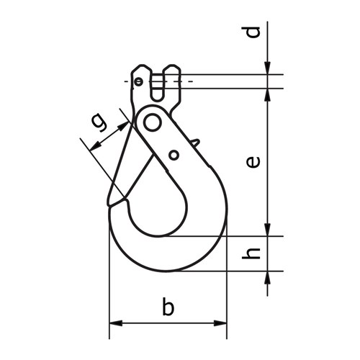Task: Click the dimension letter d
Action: [x=251, y=32]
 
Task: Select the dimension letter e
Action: [x=251, y=162]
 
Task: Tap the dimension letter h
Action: [x=251, y=253]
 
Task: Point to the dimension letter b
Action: [x=168, y=308]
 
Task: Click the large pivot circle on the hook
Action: [x=152, y=122]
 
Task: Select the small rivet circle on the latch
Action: [x=174, y=155]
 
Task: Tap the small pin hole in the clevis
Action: [x=138, y=81]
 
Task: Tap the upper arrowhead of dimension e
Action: [x=268, y=94]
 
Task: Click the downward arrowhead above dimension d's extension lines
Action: [x=268, y=68]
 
